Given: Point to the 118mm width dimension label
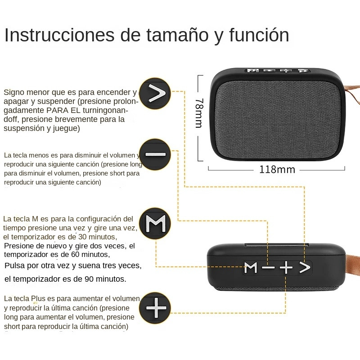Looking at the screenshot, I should click(x=277, y=170).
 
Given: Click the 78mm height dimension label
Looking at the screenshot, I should click(x=198, y=113).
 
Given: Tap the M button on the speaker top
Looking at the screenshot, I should click(x=251, y=268).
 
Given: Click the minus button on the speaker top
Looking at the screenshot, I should click(x=268, y=268).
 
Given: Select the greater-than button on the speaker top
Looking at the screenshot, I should click(x=305, y=268).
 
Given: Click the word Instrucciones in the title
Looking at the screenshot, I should click(x=59, y=35).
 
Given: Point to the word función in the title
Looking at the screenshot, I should click(x=258, y=35).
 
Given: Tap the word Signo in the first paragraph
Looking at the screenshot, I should click(x=14, y=92).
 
